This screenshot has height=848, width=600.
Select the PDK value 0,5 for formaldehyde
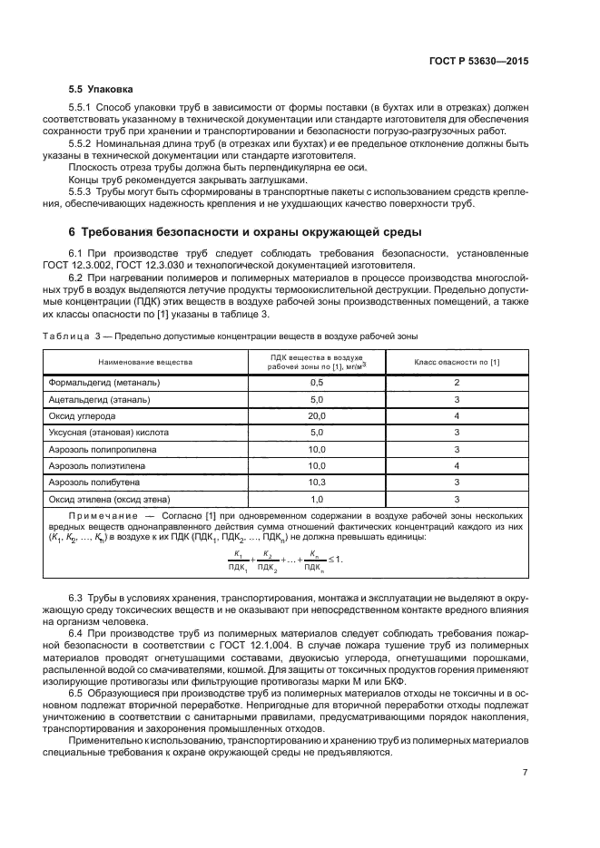pyautogui.click(x=317, y=382)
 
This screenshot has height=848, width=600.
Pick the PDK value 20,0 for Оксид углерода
pyautogui.click(x=317, y=415)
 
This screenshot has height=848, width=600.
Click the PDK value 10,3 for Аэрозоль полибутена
pyautogui.click(x=317, y=482)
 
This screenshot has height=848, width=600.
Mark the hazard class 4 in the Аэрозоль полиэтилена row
pyautogui.click(x=457, y=465)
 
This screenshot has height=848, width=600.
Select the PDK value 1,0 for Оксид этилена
pyautogui.click(x=317, y=499)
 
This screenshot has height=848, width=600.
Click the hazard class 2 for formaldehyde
pyautogui.click(x=457, y=382)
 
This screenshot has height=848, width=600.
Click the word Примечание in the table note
pyautogui.click(x=102, y=515)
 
